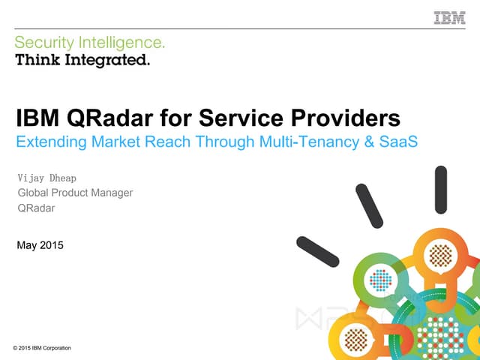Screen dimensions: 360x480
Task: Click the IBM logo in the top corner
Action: [449, 17]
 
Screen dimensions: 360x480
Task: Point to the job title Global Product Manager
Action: [75, 193]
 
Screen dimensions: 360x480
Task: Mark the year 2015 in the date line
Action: [51, 245]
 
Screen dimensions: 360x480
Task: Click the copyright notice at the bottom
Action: [42, 348]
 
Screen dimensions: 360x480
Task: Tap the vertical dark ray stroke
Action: [441, 188]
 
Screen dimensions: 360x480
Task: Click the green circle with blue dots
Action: [382, 280]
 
